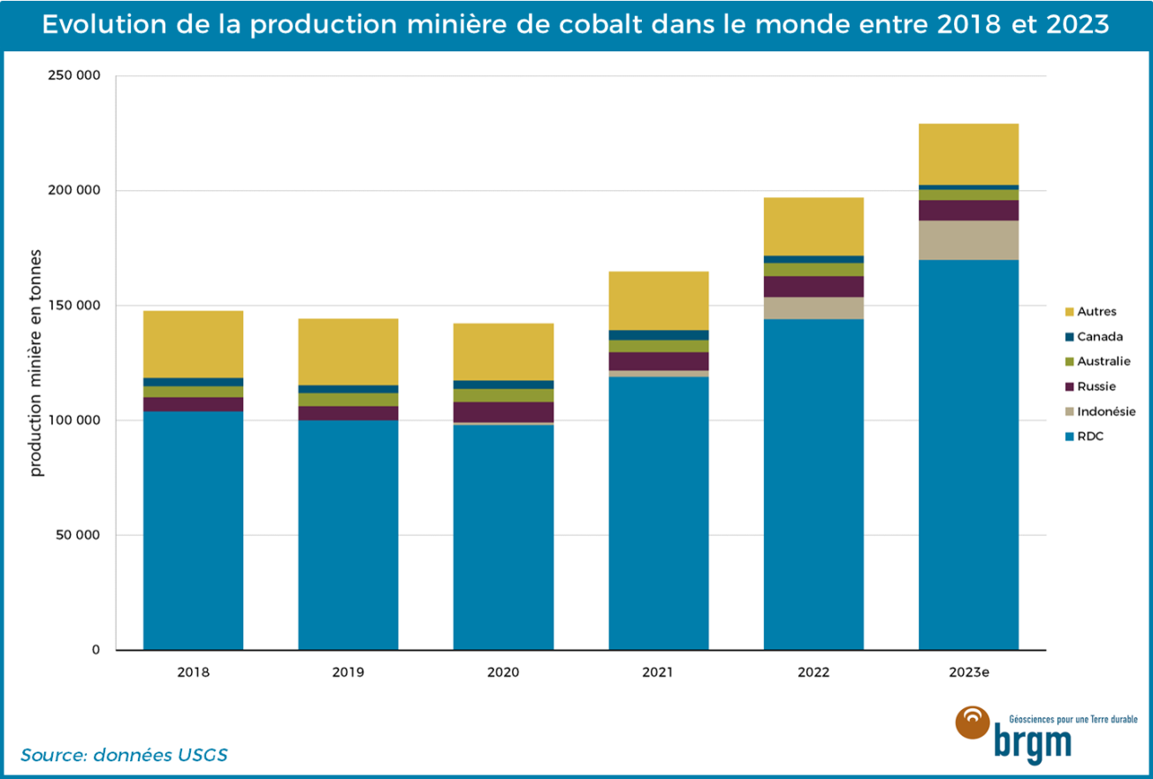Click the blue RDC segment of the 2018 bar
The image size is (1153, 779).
[193, 531]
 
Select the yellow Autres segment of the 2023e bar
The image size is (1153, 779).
[968, 154]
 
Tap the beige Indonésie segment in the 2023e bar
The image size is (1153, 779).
[968, 240]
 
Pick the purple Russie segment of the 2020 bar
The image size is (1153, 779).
[503, 412]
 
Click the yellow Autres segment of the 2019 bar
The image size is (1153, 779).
[347, 351]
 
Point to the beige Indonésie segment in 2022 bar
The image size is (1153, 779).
[813, 308]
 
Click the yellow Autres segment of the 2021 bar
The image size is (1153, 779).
[658, 301]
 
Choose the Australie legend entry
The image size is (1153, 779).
[1103, 361]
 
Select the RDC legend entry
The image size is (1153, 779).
[1090, 436]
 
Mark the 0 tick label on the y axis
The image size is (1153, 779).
[95, 650]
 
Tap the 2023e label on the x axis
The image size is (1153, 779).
[968, 672]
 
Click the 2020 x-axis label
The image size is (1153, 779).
[503, 672]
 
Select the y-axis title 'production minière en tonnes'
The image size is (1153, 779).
[37, 363]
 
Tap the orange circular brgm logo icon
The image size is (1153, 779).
[973, 723]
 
